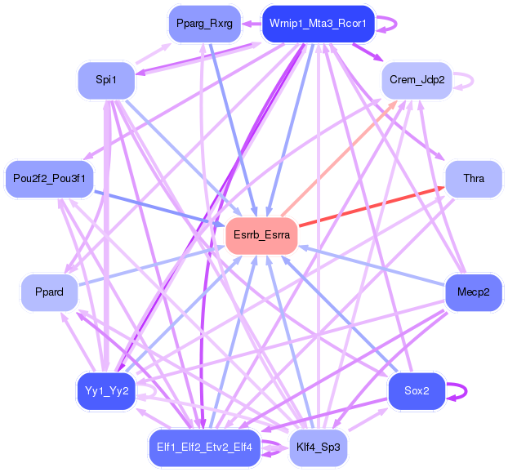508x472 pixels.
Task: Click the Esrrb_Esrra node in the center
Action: click(261, 235)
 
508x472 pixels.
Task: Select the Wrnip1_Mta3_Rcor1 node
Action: click(318, 24)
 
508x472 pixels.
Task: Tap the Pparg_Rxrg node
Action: click(205, 24)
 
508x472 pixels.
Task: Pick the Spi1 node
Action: click(106, 80)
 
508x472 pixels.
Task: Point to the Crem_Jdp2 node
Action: click(417, 80)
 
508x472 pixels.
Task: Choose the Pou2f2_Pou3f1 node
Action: click(49, 179)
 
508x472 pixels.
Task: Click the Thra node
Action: click(474, 179)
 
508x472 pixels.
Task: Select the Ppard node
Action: click(49, 292)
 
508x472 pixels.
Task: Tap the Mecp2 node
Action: click(474, 292)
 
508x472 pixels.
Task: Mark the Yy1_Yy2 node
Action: click(106, 391)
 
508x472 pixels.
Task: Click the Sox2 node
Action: click(417, 391)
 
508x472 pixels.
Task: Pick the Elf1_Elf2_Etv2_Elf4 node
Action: click(205, 448)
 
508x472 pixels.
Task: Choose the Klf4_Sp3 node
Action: click(318, 448)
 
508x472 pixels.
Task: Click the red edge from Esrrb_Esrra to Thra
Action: click(372, 207)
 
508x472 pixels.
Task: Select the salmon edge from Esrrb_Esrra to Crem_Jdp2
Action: click(340, 158)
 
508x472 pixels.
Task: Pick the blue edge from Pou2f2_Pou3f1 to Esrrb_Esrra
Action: click(159, 207)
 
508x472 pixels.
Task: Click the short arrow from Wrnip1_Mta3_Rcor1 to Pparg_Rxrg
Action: click(252, 24)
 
